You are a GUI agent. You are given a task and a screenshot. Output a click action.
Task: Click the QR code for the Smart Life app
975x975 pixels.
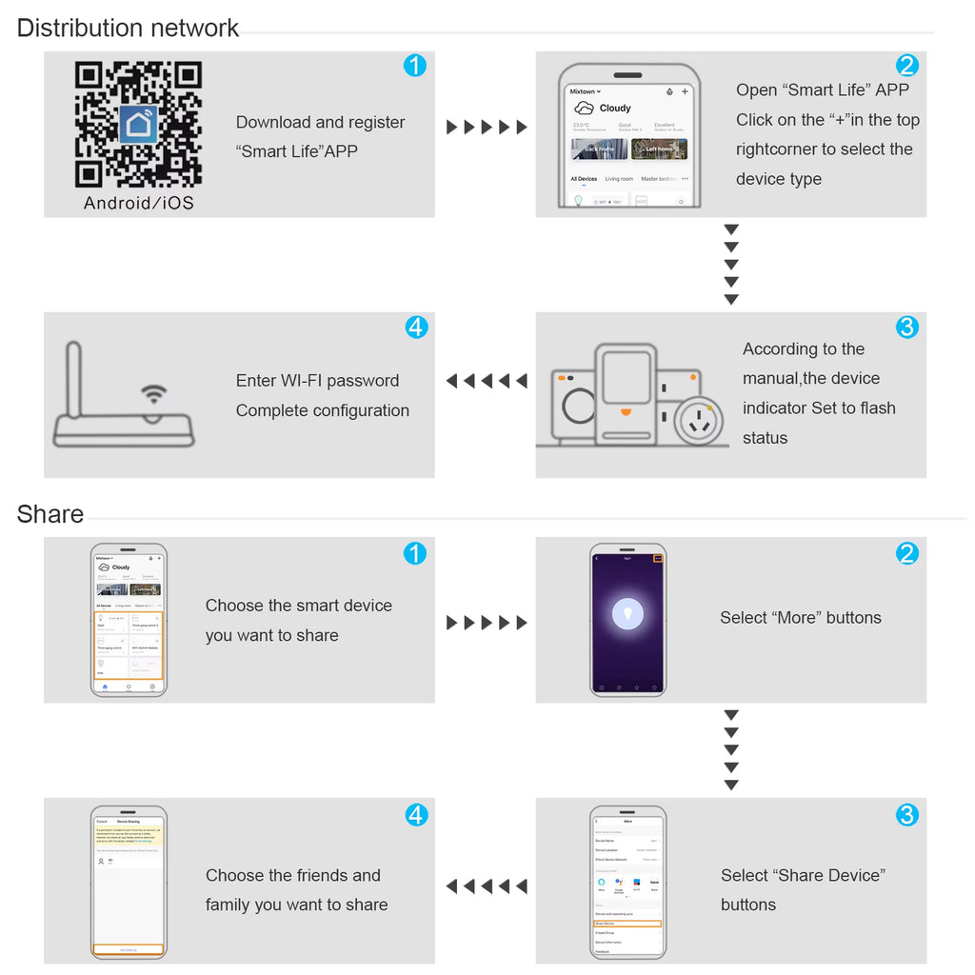(138, 125)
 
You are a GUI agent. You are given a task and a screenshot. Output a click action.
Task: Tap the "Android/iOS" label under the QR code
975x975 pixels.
(138, 203)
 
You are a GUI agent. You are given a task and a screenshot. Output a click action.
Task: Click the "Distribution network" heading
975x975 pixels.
(128, 28)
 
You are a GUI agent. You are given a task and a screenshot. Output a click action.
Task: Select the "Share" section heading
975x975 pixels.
(50, 514)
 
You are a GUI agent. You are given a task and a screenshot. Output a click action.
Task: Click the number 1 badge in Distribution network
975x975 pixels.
(415, 66)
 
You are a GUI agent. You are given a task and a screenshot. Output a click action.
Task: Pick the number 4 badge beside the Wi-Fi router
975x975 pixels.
(416, 327)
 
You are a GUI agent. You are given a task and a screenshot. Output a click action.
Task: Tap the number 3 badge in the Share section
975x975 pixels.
(907, 815)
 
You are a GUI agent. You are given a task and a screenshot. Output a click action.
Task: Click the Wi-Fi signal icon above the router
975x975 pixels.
(153, 394)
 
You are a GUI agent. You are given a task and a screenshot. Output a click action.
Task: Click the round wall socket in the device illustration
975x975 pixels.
(698, 418)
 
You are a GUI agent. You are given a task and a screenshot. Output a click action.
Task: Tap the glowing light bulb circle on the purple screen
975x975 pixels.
(627, 613)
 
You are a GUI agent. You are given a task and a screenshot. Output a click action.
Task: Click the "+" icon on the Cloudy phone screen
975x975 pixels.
(685, 92)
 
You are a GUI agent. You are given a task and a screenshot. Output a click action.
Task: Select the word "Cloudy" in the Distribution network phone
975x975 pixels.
(615, 109)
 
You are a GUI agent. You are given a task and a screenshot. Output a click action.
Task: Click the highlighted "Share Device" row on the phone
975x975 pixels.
(627, 924)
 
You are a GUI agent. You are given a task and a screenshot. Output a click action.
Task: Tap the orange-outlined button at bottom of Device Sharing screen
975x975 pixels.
(129, 949)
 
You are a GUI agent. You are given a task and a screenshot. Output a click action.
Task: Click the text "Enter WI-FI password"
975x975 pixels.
(317, 381)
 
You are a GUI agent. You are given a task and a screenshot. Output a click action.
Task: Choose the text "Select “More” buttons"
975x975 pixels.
(801, 618)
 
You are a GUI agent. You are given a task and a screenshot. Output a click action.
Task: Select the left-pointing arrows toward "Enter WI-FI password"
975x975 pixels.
(487, 381)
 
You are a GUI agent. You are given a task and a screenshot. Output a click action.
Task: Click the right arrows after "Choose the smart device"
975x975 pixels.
(487, 623)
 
